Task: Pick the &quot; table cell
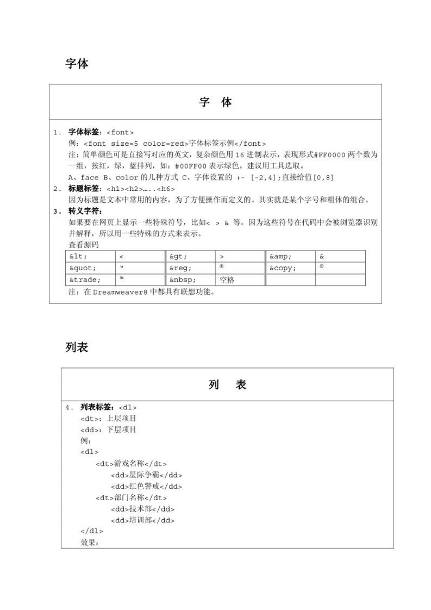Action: pos(83,268)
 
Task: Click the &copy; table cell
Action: pos(282,268)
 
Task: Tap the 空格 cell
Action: pos(227,280)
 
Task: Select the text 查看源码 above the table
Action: pos(84,245)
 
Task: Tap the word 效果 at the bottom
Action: pos(89,543)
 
